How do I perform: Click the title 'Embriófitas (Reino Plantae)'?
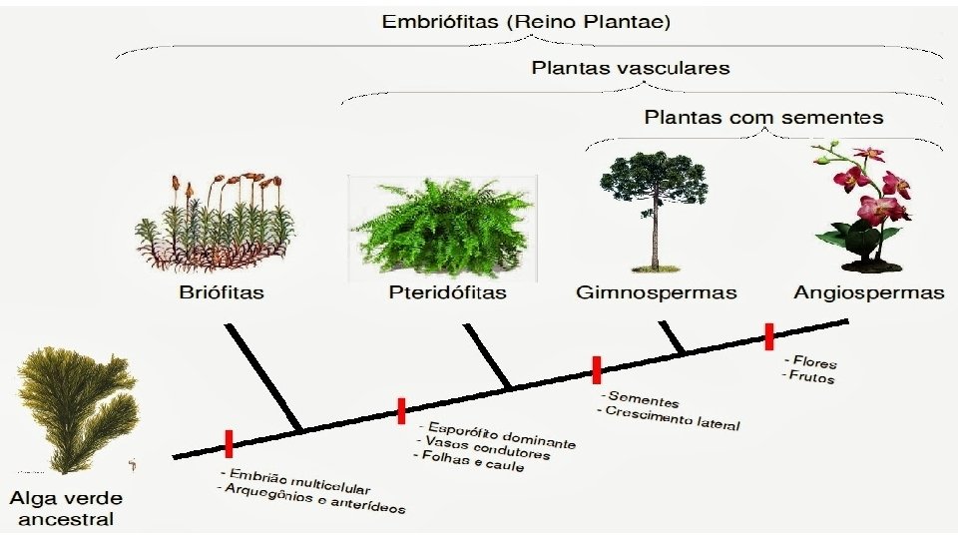tap(528, 22)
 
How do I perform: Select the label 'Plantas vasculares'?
tap(631, 69)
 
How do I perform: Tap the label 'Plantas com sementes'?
tap(763, 117)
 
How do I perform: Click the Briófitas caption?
tap(223, 292)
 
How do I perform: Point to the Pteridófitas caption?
tap(447, 292)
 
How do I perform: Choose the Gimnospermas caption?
tap(657, 292)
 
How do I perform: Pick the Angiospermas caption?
tap(868, 292)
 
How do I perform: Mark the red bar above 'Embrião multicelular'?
tap(229, 443)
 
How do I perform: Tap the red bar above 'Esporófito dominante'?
tap(401, 410)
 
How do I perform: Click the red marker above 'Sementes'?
tap(596, 369)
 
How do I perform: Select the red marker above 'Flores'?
tap(769, 336)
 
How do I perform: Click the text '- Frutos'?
tap(809, 376)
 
